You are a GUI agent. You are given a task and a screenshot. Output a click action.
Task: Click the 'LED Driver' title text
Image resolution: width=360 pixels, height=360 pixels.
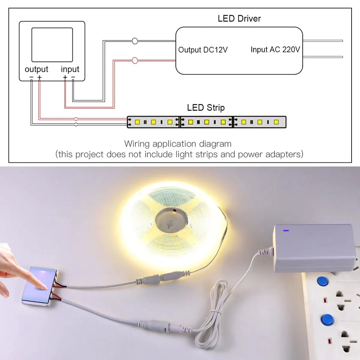(239, 19)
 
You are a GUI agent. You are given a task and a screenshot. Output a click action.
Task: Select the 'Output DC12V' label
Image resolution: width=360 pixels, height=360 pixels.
(203, 50)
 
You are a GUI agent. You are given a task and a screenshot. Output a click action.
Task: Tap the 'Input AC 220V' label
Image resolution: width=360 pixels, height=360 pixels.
(275, 50)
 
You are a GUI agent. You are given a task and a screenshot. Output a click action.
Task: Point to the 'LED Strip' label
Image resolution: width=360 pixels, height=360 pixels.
(206, 108)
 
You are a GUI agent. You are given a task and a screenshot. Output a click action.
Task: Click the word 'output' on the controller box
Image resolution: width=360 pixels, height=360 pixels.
(36, 69)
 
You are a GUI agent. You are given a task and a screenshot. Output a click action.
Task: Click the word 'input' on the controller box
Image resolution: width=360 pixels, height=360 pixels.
(70, 69)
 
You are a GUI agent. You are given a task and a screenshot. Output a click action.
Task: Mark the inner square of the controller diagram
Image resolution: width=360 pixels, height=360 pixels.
(52, 45)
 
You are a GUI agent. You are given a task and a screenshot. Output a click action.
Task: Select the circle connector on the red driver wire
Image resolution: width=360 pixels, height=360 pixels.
(135, 60)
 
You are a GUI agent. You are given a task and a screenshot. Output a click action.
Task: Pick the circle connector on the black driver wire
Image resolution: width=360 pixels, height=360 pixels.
(135, 41)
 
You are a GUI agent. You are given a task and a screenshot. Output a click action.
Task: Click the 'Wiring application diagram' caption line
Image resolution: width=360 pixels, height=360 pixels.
(178, 144)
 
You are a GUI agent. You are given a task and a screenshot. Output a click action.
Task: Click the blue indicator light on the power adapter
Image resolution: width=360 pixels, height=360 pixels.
(286, 231)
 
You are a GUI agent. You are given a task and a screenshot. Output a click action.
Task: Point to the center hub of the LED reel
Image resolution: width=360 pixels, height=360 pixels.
(171, 221)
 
